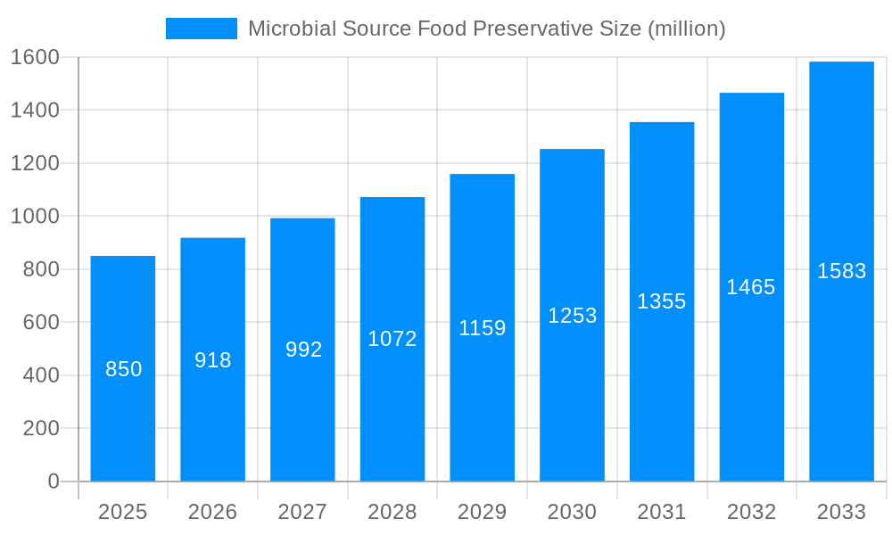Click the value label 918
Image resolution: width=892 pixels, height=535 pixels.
coord(213,360)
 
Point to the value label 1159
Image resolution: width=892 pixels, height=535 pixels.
coord(483,328)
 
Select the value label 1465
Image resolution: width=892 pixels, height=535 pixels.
coord(751,287)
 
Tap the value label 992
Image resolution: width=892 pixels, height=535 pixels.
coord(303,350)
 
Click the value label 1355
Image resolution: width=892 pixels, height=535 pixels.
coord(662,301)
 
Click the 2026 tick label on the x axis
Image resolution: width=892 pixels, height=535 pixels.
coord(213,512)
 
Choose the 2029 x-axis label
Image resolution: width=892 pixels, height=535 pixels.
coord(483,512)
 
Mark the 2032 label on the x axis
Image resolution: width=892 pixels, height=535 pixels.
coord(751,512)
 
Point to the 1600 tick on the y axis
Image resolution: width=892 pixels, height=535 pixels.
coord(35,57)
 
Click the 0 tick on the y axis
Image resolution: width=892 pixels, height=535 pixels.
coord(53,481)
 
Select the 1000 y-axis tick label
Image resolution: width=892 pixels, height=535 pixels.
coord(35,216)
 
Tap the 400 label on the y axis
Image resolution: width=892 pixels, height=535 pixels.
coord(41,375)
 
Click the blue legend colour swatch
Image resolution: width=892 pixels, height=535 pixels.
coord(202,29)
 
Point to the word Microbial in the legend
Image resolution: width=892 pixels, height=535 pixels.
coord(285,29)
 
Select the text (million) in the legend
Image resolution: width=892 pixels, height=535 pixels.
coord(686,29)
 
